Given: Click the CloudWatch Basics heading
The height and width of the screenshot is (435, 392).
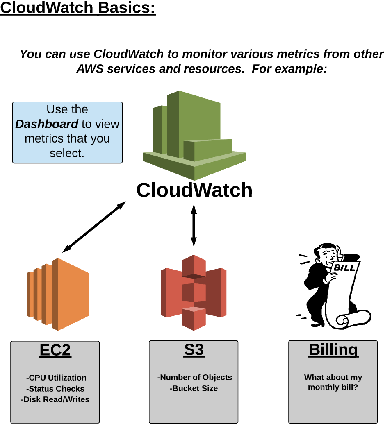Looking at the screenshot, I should tap(78, 8).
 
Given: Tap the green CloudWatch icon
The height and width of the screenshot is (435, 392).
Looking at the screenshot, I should tap(194, 135).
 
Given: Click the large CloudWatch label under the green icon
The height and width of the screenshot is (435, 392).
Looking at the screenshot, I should tap(194, 190).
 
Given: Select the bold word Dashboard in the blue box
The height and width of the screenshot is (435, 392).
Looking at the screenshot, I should tap(47, 124).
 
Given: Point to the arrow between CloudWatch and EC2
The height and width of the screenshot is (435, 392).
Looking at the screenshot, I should tap(94, 227).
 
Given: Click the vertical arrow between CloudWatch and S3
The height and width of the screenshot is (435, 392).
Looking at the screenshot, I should tap(194, 226).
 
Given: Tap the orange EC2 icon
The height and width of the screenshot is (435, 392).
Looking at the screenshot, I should tap(58, 294).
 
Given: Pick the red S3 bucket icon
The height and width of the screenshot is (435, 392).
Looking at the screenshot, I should tap(194, 292).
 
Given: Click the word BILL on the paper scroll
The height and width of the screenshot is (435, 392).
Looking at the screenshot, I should tap(345, 268).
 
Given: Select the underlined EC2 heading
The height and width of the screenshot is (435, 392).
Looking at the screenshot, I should tap(55, 351).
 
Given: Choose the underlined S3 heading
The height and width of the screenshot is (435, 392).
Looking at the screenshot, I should tap(194, 351).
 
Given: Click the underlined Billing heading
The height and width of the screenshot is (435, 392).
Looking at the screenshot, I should tap(333, 350).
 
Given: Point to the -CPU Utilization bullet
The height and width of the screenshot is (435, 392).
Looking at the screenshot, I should tap(56, 378).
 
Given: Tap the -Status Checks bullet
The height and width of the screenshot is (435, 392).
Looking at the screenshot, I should tap(55, 389).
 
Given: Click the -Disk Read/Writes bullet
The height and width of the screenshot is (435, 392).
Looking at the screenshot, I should tap(55, 399).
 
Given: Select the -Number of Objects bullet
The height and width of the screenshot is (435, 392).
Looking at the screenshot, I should tap(195, 377).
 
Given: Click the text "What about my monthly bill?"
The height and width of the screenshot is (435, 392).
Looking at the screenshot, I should tap(333, 382).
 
